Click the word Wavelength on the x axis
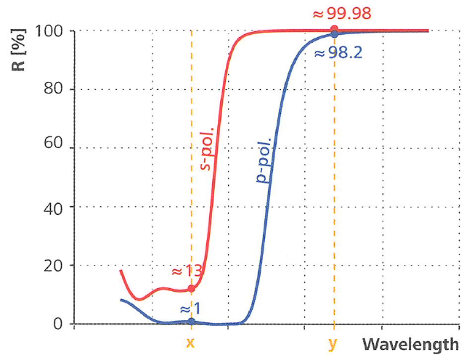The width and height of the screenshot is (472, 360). [411, 343]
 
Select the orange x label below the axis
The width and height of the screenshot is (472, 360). [190, 343]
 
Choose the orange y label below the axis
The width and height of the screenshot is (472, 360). [333, 344]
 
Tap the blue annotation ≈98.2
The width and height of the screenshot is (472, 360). [338, 53]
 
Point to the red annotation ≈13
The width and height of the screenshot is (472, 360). [186, 271]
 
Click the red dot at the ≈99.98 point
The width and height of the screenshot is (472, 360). [334, 30]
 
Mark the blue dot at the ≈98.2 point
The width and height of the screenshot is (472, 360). [334, 35]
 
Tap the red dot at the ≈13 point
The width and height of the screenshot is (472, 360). [191, 288]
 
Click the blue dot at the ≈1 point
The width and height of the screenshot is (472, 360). [191, 321]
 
